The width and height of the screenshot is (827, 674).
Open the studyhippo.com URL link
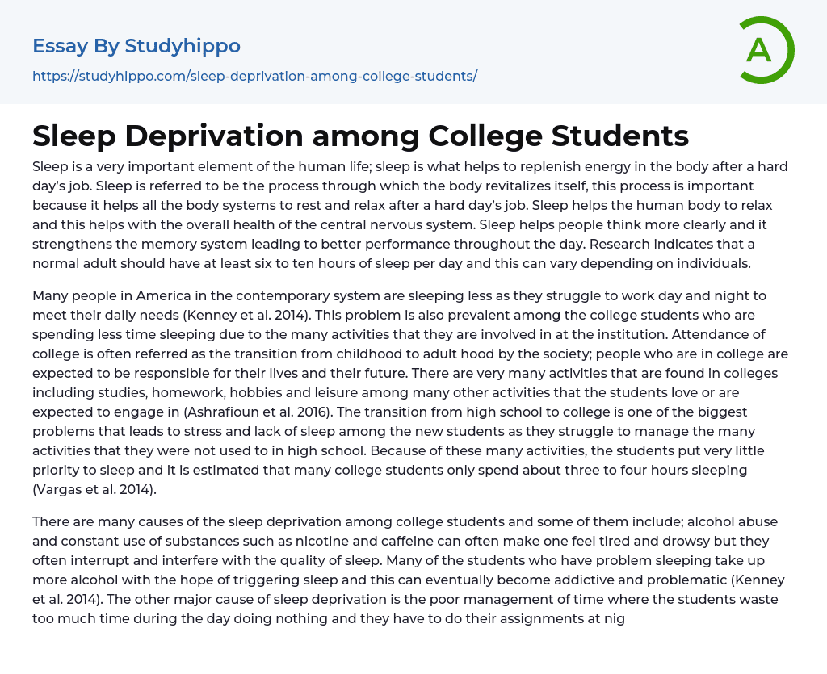tap(254, 76)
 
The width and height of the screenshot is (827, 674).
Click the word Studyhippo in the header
tap(183, 46)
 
